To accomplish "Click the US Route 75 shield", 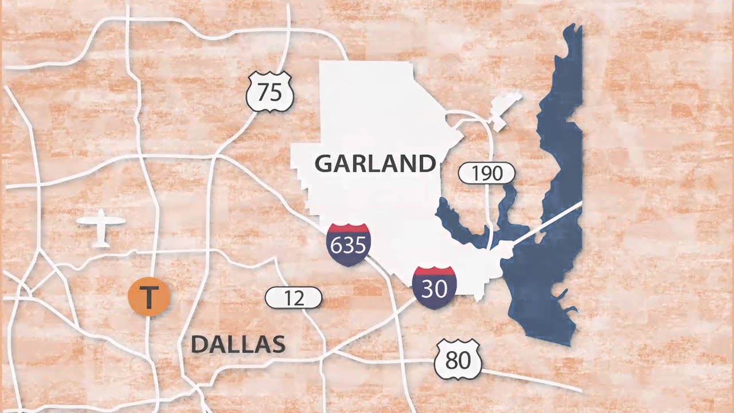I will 270,92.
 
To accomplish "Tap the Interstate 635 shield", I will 348,244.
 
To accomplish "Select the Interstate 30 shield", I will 434,287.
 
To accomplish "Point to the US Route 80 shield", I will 457,360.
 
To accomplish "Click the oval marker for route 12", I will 293,298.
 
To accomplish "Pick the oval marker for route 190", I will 487,173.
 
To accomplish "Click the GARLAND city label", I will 375,164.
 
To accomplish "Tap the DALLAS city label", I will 238,345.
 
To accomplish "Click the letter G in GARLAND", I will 325,164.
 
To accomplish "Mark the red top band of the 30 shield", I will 434,271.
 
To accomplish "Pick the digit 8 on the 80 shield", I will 451,360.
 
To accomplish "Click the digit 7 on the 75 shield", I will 263,92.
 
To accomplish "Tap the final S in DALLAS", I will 278,345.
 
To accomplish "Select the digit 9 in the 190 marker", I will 487,173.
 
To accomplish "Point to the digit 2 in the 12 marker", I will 298,298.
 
